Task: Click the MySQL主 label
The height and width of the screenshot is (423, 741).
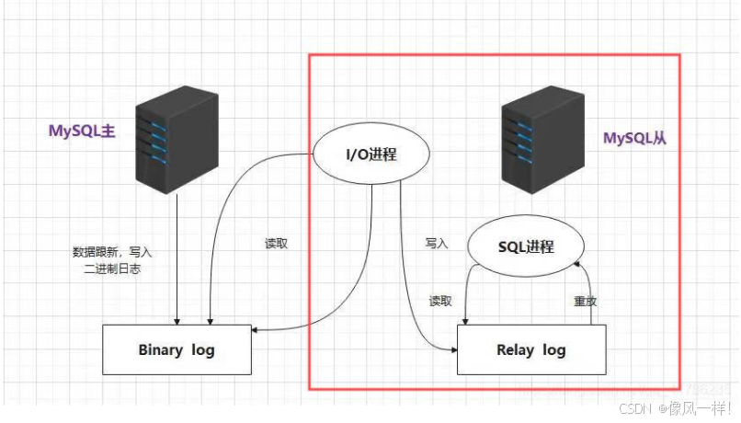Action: [x=82, y=131]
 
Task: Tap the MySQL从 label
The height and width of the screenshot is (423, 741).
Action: [x=634, y=139]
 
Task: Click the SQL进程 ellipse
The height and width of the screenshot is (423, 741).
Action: [x=526, y=246]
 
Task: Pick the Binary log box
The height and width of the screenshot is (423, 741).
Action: [x=177, y=349]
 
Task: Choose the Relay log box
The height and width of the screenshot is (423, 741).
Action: [x=530, y=349]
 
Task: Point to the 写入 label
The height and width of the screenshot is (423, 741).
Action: [x=437, y=244]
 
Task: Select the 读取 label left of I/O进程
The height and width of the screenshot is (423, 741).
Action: [x=277, y=245]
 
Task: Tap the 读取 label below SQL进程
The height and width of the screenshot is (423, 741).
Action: [x=440, y=301]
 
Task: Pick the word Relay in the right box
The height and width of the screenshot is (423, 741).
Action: [x=516, y=349]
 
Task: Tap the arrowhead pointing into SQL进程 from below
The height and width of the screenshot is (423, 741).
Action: [x=576, y=264]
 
